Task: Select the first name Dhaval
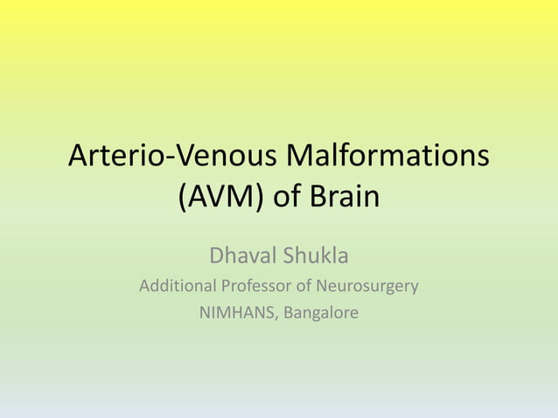pyautogui.click(x=241, y=257)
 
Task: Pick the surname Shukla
pyautogui.click(x=315, y=257)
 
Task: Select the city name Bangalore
pyautogui.click(x=320, y=312)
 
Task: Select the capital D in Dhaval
pyautogui.click(x=217, y=257)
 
